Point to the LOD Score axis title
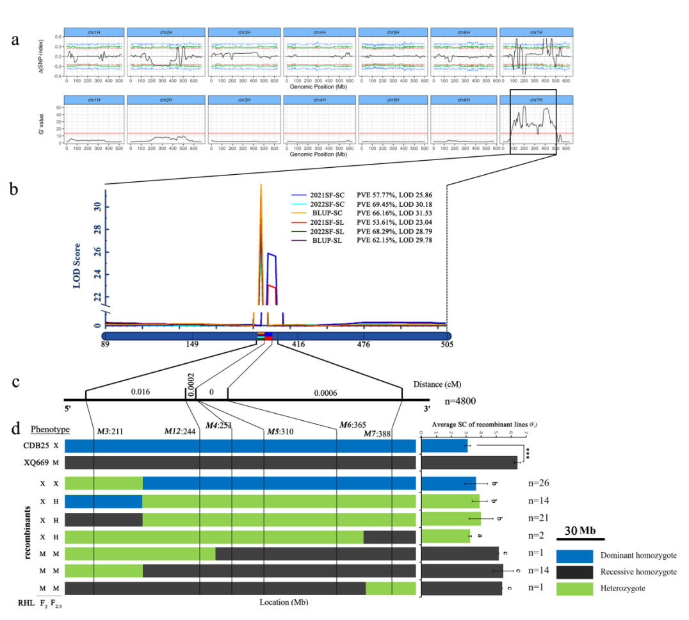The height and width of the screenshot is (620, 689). click(77, 265)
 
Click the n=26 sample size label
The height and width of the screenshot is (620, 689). click(539, 483)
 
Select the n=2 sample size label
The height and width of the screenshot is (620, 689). click(537, 535)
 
